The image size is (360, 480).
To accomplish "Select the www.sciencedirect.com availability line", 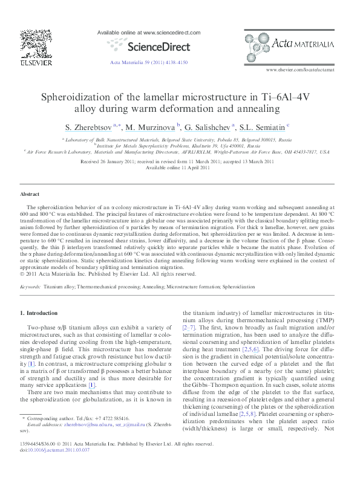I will tap(148, 31).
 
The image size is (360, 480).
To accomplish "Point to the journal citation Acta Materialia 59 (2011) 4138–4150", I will tap(148, 62).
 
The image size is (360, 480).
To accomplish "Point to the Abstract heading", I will tap(30, 194).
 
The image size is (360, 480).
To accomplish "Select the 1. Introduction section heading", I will tap(39, 313).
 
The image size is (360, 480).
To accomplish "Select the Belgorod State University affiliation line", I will tap(176, 139).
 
